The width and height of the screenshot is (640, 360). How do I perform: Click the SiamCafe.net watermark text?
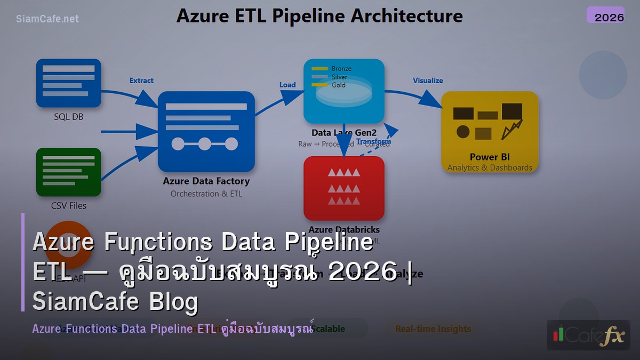pos(47,19)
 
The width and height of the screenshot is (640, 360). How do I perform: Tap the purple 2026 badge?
pos(605,15)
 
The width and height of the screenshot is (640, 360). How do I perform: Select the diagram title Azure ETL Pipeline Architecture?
pos(319,15)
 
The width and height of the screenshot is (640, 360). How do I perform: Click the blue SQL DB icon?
pos(68,83)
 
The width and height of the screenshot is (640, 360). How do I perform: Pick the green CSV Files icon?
pos(68,172)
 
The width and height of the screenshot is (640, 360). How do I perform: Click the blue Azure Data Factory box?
pos(206,131)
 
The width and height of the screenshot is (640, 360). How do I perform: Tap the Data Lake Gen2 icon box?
pos(344,91)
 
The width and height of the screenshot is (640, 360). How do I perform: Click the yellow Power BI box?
pos(490,131)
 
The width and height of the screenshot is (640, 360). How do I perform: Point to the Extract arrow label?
pos(141,81)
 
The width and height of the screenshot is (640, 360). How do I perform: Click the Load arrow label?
pos(287,85)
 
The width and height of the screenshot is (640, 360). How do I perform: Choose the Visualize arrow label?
pos(428,81)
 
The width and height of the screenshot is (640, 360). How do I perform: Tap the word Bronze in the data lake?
pos(341,69)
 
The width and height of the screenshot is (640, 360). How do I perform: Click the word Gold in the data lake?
pos(339,85)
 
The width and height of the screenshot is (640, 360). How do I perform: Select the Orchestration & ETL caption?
pos(206,194)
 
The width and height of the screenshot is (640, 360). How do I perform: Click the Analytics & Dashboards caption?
pos(490,167)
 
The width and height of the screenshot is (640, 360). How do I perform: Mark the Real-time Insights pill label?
pos(433,329)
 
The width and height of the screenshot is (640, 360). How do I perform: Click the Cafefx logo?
pos(588,335)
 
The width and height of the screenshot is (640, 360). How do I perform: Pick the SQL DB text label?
pos(68,116)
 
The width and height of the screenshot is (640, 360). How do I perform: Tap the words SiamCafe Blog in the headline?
pos(115,302)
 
